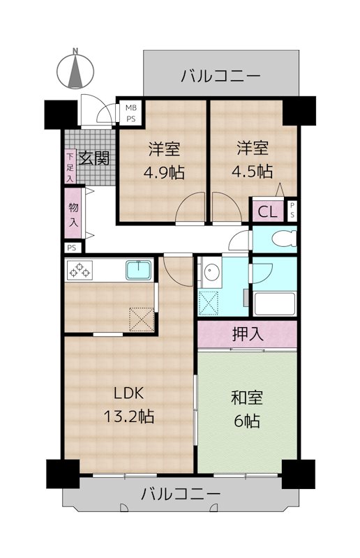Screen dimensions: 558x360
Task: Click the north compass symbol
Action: coord(75,69)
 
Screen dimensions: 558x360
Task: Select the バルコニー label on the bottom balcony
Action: coord(181,496)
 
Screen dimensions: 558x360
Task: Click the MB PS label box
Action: coord(130,113)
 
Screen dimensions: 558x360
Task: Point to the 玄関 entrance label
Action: coord(93,158)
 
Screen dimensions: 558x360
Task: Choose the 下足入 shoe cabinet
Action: coord(70,167)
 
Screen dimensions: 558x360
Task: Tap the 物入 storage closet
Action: coord(73,215)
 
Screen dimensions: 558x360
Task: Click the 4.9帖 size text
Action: coord(165,172)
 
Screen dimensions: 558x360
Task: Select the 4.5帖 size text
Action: coord(253,171)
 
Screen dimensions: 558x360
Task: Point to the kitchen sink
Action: coord(140,269)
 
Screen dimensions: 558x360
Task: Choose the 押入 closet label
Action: coord(247,334)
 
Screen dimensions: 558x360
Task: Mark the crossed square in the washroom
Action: coord(209,303)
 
